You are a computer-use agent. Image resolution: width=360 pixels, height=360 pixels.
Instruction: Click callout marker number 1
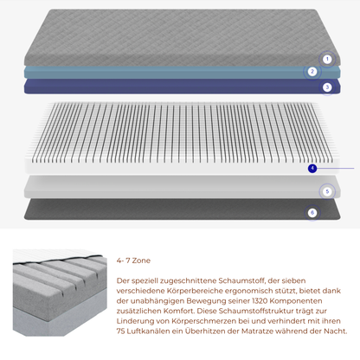tap(327, 60)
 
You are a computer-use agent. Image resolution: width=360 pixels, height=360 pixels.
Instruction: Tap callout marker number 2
tap(312, 72)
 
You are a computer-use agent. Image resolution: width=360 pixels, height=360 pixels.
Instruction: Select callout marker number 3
tap(327, 87)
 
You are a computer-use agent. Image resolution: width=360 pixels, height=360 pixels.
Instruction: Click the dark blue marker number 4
tap(312, 168)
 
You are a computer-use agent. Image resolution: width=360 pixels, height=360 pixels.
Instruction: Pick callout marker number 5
tap(327, 191)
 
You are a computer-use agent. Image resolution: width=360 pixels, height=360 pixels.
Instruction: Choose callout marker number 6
tap(312, 213)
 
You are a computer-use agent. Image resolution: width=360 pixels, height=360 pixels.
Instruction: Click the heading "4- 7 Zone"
tap(133, 260)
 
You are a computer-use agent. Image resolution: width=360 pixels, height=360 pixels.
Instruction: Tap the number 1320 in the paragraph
tap(260, 301)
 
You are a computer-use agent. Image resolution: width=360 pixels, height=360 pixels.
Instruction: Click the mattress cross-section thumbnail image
tap(60, 292)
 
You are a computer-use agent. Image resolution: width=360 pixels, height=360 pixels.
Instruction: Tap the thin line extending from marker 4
tap(336, 168)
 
